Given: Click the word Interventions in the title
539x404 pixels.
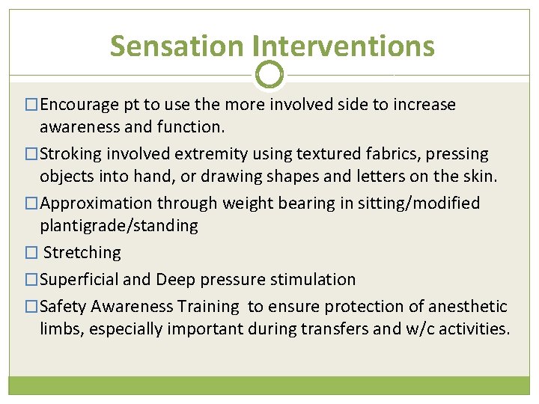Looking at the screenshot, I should tap(344, 46).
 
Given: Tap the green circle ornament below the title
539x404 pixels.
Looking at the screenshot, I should tap(269, 75).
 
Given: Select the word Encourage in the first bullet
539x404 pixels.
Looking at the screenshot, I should tap(78, 105).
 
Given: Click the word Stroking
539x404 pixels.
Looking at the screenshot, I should tap(70, 154).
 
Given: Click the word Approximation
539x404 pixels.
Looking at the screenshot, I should tap(94, 203).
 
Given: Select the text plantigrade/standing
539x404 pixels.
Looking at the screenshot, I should tap(119, 226).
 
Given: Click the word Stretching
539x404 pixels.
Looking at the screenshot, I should tap(82, 253).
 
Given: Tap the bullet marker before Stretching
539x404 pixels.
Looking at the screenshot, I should tap(31, 253).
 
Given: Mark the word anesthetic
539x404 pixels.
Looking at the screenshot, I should tap(465, 307).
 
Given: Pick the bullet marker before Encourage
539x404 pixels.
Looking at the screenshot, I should tap(31, 105).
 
